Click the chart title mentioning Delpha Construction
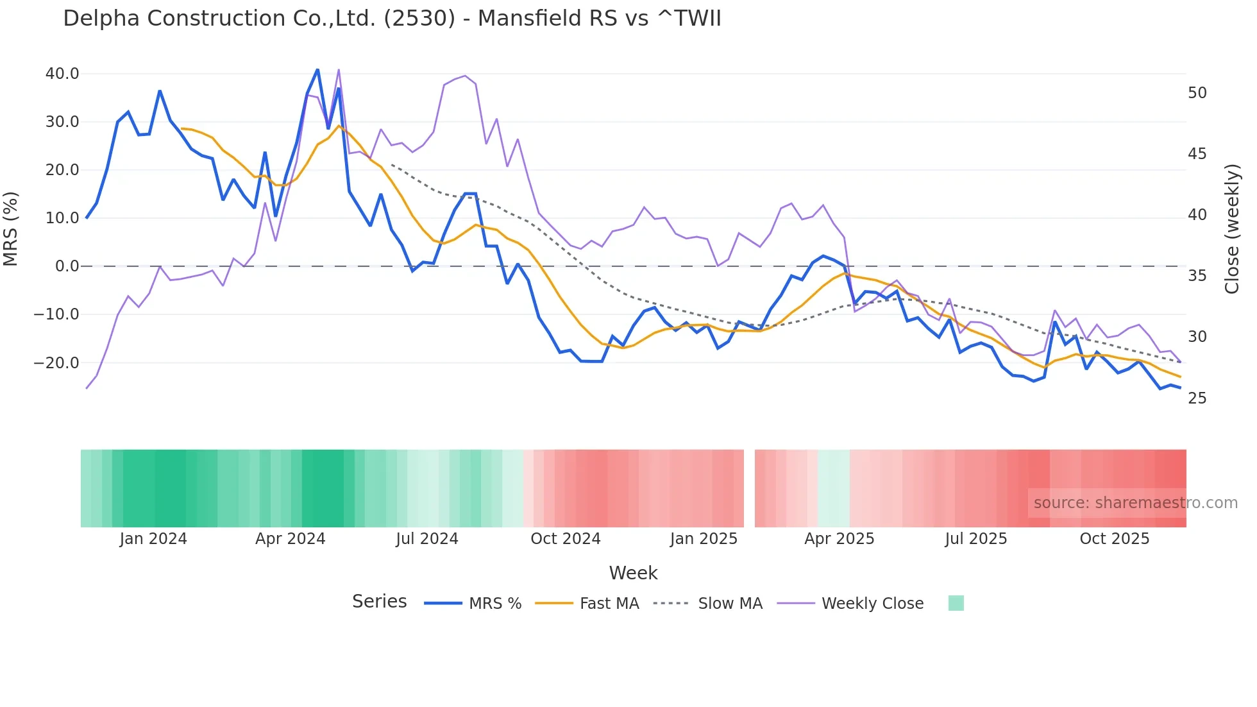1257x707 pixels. coord(392,19)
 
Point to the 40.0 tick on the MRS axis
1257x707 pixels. coord(62,74)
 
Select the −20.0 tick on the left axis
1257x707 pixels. coord(56,363)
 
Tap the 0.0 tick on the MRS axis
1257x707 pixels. coord(67,266)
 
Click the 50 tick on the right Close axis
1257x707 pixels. coord(1197,93)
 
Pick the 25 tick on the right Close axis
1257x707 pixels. coord(1197,398)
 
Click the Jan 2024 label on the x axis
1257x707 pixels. coord(153,539)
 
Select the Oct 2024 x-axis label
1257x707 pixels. coord(565,539)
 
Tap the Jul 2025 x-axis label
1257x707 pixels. coord(975,539)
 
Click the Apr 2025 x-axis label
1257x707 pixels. coord(839,539)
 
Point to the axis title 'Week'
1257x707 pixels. coord(633,573)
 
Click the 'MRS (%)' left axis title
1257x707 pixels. coord(11,229)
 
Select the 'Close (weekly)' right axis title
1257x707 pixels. coord(1232,229)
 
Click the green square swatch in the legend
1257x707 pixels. coord(956,603)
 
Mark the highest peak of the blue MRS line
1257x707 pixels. coord(317,69)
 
